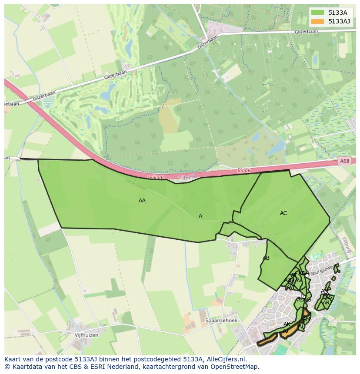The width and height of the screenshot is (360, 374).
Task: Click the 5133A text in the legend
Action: pos(338,13)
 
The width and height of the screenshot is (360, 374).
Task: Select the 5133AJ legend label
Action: pos(339,21)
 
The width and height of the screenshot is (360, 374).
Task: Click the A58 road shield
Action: pos(344,161)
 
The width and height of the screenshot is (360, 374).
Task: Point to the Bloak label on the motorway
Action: pos(244,171)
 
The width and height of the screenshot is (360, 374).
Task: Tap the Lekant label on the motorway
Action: pos(156,177)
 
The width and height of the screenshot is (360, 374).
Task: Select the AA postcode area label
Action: pos(142,201)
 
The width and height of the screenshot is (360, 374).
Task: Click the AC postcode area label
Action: pos(283,213)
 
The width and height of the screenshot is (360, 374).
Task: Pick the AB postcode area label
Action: pos(266,258)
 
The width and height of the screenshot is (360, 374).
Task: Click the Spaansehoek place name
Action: pos(221,321)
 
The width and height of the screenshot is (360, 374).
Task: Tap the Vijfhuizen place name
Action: pos(87,335)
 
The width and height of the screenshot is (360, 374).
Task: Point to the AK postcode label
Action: pos(287,324)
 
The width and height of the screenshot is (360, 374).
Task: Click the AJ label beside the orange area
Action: pos(285,331)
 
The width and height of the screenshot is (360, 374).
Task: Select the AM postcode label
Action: pos(306,319)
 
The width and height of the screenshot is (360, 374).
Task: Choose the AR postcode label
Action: pos(326,302)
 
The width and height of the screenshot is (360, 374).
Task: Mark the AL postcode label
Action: pos(301,326)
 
